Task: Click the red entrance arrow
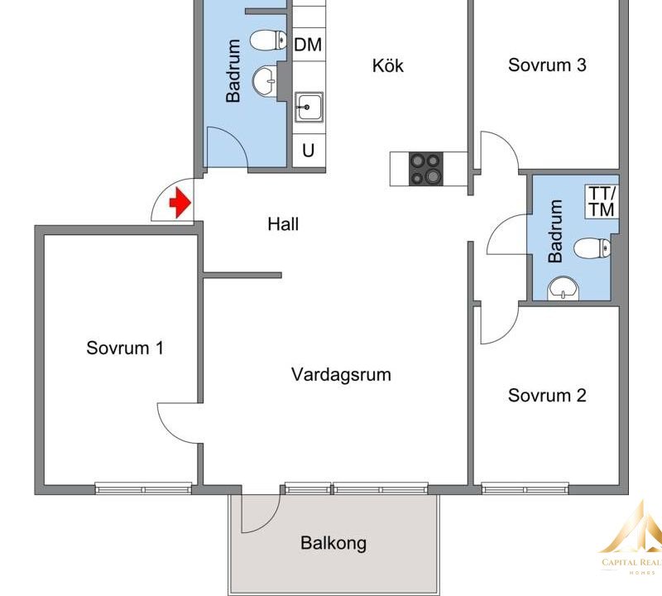pos(180,203)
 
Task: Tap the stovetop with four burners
pos(426,169)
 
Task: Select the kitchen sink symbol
pos(309,107)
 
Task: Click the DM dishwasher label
pos(308,45)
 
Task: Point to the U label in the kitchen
pos(308,151)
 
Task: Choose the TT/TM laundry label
pos(602,201)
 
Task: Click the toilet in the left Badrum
pos(269,41)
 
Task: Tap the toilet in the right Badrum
pos(592,248)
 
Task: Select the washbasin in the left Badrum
pos(265,80)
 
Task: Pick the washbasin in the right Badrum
pos(564,289)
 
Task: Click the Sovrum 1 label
pos(125,348)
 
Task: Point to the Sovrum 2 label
pos(547,396)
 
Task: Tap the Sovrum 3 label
pos(547,65)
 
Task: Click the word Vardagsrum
pos(341,375)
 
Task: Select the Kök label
pos(388,65)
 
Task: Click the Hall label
pos(283,223)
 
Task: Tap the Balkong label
pos(333,543)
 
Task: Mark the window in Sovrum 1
pos(143,488)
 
